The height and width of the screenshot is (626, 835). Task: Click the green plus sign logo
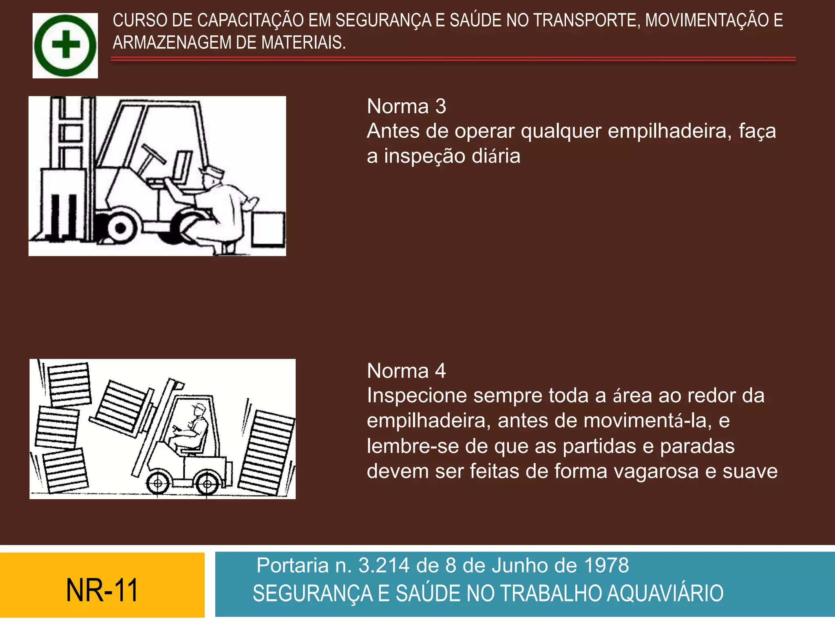[65, 45]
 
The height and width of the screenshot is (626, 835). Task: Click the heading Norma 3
[406, 106]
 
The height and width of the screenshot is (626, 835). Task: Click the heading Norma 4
[406, 371]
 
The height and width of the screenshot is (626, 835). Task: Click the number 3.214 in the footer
[384, 565]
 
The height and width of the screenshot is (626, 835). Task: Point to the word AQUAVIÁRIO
[665, 593]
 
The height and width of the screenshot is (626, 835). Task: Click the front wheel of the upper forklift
[119, 227]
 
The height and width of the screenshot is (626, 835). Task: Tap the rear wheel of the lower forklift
[207, 484]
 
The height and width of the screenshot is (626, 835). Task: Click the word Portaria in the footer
[292, 565]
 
